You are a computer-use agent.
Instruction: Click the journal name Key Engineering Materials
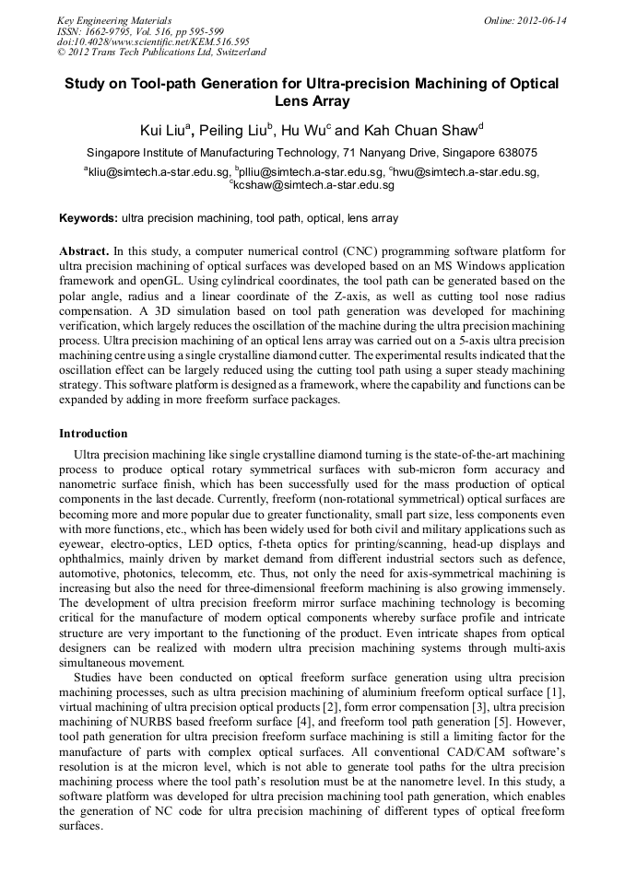tap(114, 20)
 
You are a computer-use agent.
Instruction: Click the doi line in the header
tap(153, 41)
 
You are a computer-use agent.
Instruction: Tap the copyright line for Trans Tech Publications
tap(161, 52)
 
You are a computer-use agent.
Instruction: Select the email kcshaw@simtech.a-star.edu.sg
tap(313, 185)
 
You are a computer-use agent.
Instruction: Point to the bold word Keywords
tap(88, 218)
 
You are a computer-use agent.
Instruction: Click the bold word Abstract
tap(84, 250)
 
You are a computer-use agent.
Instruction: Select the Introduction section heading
tap(93, 433)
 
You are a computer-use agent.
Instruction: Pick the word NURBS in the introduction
tap(150, 711)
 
